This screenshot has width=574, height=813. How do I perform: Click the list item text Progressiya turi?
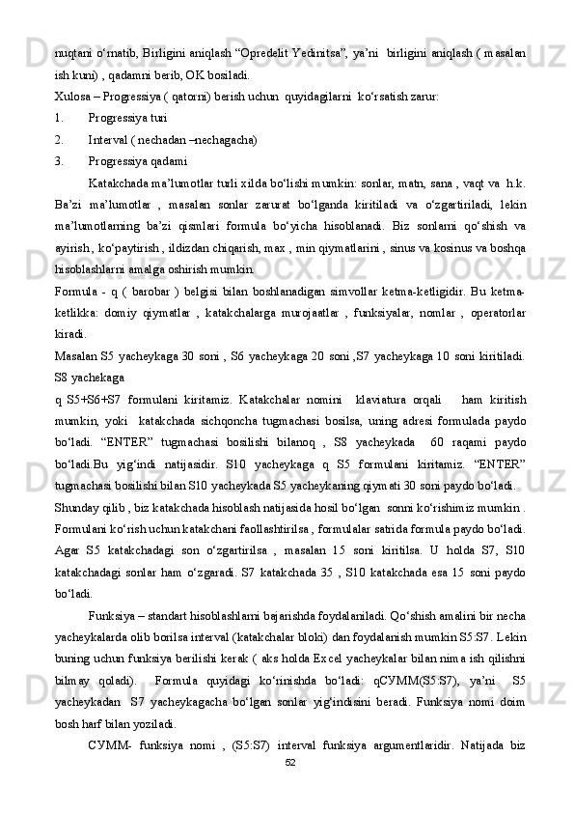pos(132,118)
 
